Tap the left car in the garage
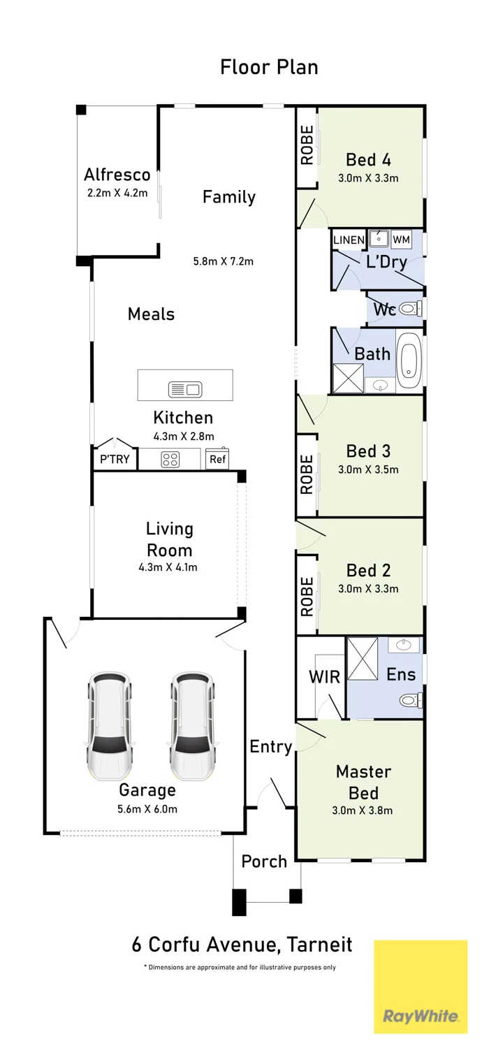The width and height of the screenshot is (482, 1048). [110, 726]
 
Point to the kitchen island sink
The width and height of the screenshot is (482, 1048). [184, 388]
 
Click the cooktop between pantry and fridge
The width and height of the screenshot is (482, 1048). [170, 460]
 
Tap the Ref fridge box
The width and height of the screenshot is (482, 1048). [218, 460]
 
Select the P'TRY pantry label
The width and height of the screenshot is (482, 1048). [114, 460]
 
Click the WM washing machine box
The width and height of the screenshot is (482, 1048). [401, 240]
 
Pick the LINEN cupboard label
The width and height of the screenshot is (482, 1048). [349, 240]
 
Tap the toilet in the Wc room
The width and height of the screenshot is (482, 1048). [411, 308]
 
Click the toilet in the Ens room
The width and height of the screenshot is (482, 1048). [411, 700]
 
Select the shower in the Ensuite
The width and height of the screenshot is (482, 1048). [363, 658]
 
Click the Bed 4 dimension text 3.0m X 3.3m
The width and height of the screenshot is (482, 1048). [368, 178]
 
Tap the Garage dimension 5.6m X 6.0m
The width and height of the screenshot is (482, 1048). [147, 809]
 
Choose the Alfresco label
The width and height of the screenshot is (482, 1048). [117, 175]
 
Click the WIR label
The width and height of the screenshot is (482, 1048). [324, 676]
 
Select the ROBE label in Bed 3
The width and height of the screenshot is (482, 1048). [307, 475]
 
